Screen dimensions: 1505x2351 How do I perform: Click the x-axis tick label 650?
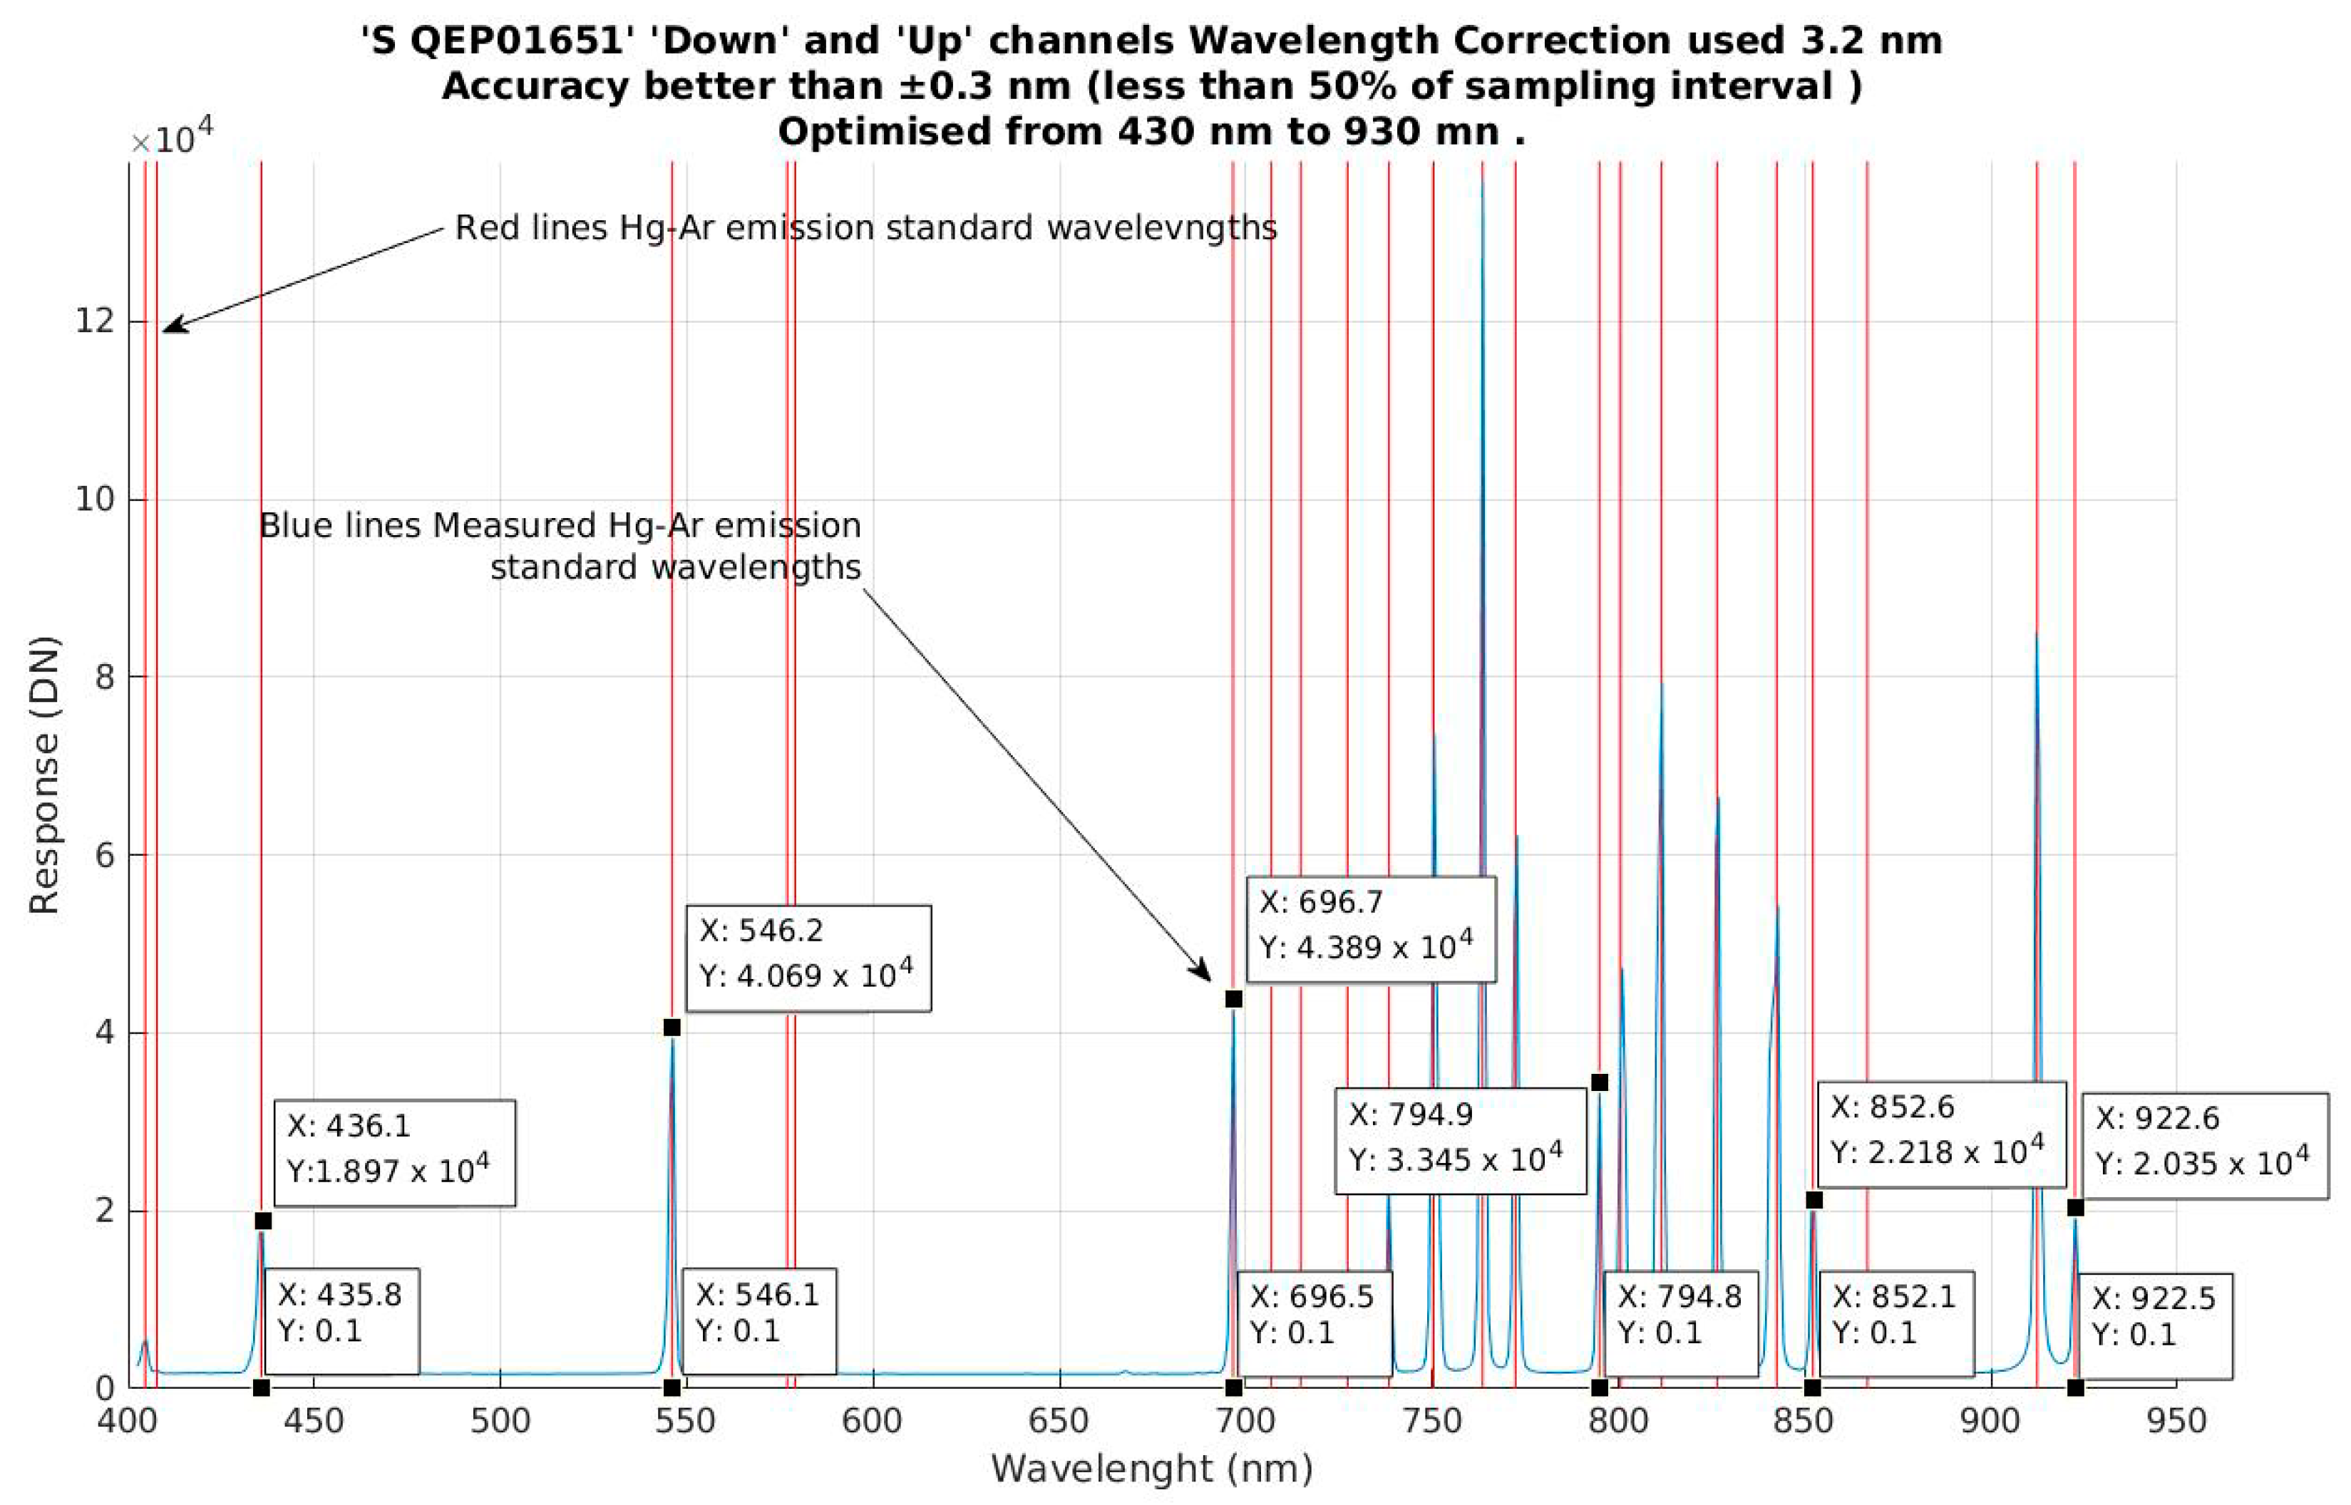[1059, 1420]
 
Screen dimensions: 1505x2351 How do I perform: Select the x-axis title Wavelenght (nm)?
[1151, 1469]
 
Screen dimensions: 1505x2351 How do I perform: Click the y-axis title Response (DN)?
[44, 775]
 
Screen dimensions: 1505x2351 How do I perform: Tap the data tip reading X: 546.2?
[808, 958]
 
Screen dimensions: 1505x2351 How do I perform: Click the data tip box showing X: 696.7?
[1371, 929]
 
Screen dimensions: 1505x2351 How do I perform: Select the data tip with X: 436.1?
[394, 1153]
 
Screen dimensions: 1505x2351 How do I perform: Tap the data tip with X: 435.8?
[341, 1321]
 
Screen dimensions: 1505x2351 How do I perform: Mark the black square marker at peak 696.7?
[1234, 999]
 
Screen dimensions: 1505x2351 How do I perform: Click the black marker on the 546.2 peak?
[672, 1027]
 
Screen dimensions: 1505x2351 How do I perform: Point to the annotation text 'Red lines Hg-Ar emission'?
[865, 228]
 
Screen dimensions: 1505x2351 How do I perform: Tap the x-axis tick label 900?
[1990, 1420]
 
